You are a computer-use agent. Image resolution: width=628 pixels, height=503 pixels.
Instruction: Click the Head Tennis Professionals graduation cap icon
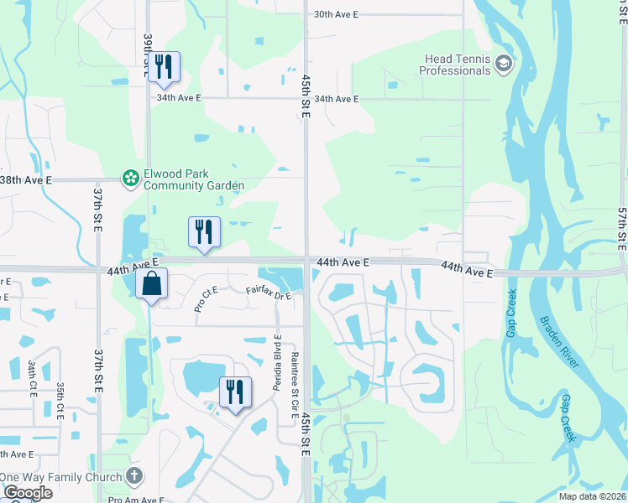pyautogui.click(x=503, y=64)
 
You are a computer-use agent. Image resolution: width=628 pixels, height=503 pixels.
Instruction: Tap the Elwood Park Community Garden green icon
pyautogui.click(x=130, y=178)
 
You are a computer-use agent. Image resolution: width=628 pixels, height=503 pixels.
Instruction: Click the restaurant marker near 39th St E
pyautogui.click(x=163, y=67)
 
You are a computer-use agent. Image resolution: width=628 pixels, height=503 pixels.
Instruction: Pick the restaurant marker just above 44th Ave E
pyautogui.click(x=203, y=231)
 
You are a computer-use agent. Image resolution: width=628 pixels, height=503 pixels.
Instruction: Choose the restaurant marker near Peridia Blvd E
pyautogui.click(x=234, y=392)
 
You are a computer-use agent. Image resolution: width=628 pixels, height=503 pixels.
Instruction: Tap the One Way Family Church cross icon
pyautogui.click(x=133, y=476)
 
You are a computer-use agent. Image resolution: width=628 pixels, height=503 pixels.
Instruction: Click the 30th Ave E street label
pyautogui.click(x=336, y=14)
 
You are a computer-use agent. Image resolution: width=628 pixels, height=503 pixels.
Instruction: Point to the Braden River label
pyautogui.click(x=558, y=341)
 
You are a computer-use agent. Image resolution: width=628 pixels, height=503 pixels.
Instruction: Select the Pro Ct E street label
pyautogui.click(x=206, y=299)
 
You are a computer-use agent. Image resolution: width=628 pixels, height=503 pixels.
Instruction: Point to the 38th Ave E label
pyautogui.click(x=25, y=180)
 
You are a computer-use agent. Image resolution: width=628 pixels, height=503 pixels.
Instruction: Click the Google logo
pyautogui.click(x=28, y=493)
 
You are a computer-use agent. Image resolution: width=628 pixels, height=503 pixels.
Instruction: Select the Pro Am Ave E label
pyautogui.click(x=136, y=500)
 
